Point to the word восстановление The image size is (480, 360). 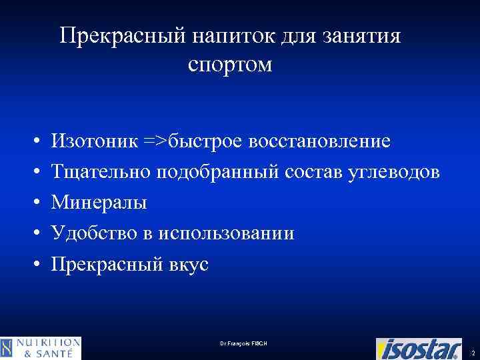(x=319, y=141)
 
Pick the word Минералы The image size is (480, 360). (x=100, y=202)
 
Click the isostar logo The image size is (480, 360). (x=418, y=348)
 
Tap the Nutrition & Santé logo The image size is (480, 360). (x=41, y=348)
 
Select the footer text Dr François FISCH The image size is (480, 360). (x=243, y=343)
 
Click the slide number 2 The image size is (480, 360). (x=472, y=352)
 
